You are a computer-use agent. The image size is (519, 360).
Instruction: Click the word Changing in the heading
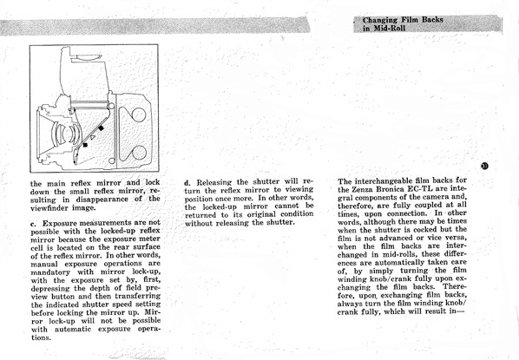tap(380, 20)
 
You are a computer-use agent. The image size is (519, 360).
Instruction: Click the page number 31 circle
tap(484, 166)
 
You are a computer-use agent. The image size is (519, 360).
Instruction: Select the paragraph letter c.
tap(33, 224)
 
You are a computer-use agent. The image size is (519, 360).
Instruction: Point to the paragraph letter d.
tap(187, 183)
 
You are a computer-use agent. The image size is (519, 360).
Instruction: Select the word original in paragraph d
tap(261, 214)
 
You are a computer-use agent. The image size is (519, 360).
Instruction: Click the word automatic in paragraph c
tap(73, 330)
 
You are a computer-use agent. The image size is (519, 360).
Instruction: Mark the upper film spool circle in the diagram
tap(139, 115)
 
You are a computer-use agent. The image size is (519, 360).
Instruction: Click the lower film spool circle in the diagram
tap(139, 153)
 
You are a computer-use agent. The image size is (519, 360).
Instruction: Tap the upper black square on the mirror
tap(101, 128)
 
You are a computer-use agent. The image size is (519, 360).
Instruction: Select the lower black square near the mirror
tap(85, 145)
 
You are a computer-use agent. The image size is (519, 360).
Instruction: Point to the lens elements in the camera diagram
tap(66, 134)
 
